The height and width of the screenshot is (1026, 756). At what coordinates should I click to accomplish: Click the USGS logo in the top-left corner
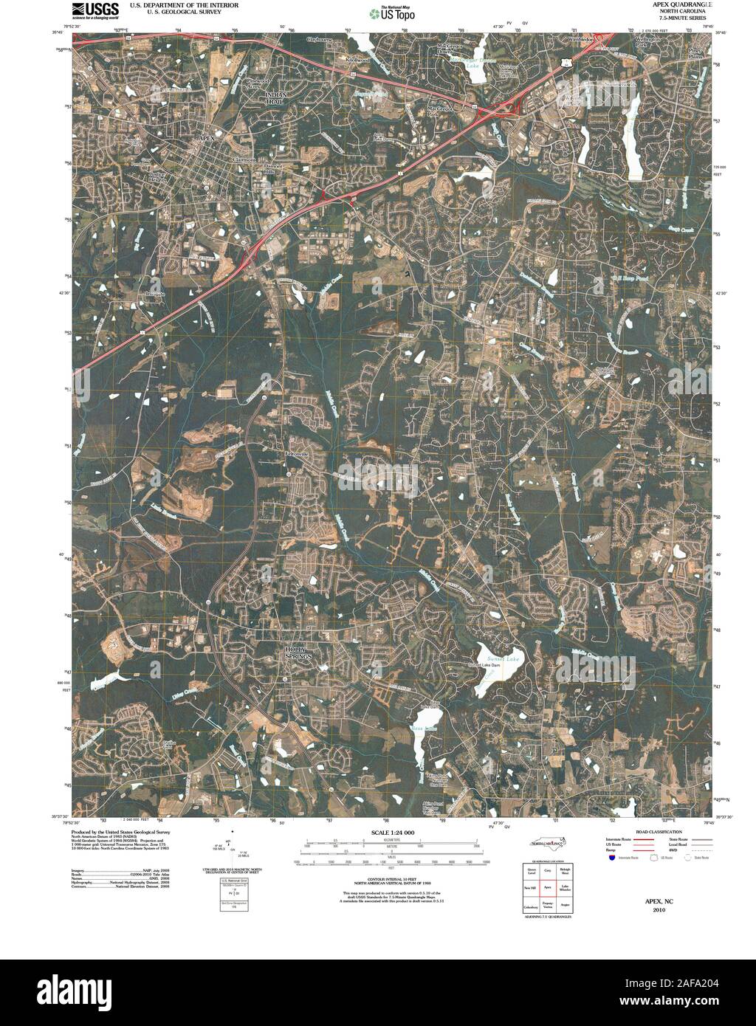(95, 10)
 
